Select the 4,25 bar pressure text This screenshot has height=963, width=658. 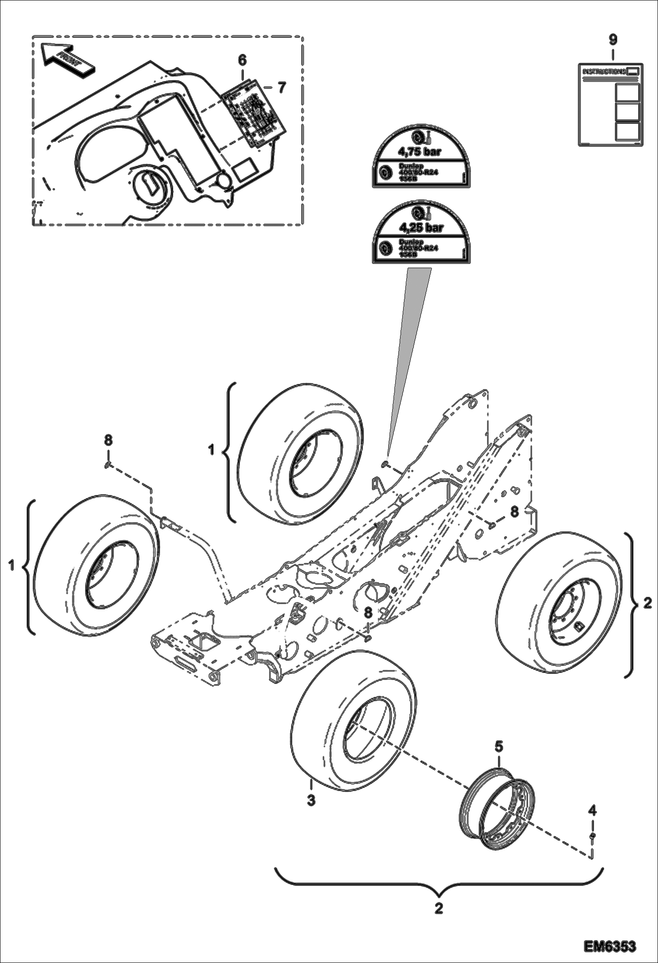pos(420,227)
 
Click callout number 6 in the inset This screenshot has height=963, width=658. pos(242,60)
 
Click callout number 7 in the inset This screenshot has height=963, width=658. pos(282,87)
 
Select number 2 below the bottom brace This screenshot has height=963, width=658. pos(438,908)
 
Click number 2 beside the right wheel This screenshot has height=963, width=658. pos(647,604)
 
